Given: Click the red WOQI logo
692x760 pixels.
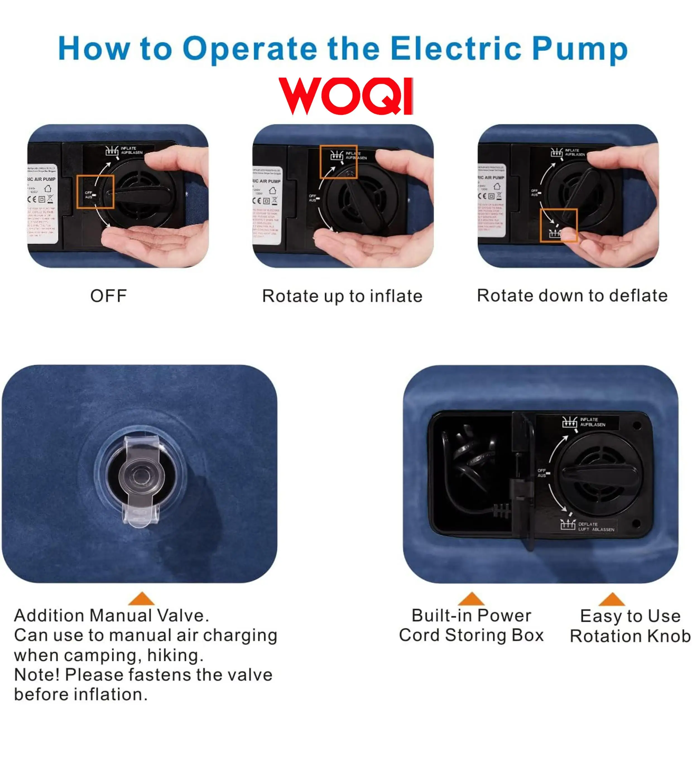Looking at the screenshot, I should [x=345, y=96].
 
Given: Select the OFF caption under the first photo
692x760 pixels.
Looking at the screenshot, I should [x=108, y=296].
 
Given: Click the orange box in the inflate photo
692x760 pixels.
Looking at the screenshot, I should [x=338, y=162].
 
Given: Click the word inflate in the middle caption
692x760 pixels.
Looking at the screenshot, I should [x=396, y=296].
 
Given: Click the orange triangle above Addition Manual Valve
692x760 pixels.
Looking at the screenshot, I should [x=141, y=599].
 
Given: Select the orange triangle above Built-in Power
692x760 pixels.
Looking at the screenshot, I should [x=471, y=599].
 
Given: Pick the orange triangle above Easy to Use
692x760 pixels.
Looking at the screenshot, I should [x=611, y=599].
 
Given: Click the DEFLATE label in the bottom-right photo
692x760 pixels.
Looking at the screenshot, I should [x=588, y=524].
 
